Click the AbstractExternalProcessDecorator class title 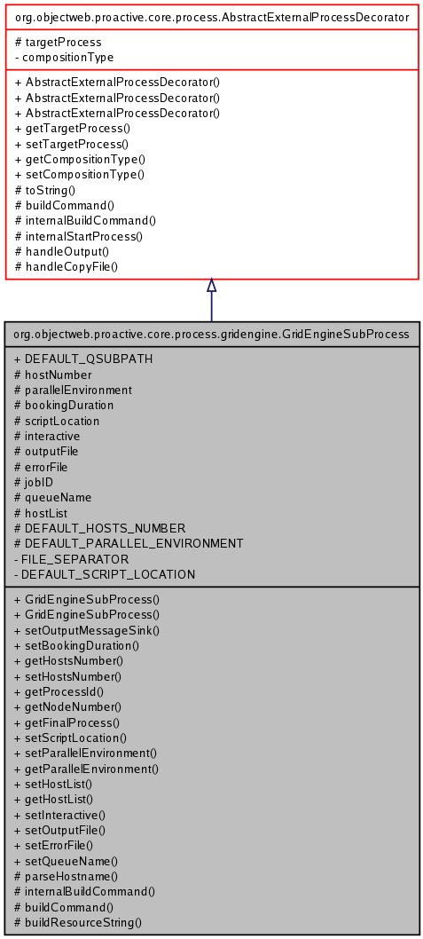[212, 16]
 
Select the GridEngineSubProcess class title [212, 335]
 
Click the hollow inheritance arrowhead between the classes [211, 285]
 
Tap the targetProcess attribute [63, 42]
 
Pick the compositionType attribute [67, 57]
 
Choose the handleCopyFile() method [72, 265]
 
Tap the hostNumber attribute [58, 375]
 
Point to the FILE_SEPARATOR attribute [76, 559]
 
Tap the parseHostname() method [71, 875]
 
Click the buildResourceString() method [83, 922]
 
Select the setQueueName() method [72, 860]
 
